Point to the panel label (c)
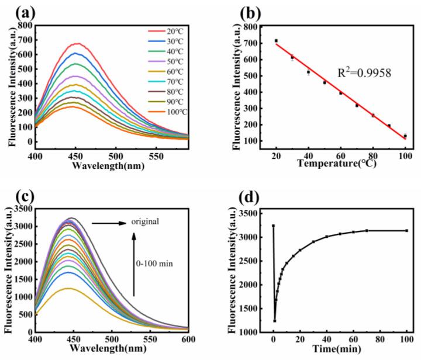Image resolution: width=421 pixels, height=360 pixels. coord(16,192)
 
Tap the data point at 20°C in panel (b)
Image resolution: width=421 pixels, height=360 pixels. coord(276,41)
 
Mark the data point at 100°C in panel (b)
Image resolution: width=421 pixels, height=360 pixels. coord(405,136)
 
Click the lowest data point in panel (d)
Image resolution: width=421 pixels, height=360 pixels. coord(274,320)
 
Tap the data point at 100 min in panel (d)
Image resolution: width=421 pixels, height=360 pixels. coord(406,230)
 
